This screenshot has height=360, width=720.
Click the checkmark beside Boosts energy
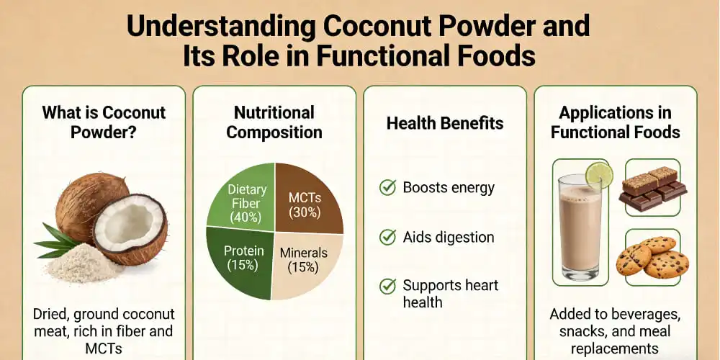point(387,188)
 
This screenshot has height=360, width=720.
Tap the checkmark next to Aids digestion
point(387,236)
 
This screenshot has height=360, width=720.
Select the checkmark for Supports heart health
point(387,285)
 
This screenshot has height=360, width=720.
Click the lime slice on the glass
point(599,176)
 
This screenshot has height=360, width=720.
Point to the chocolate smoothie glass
point(580,230)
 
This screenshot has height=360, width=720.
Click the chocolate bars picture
point(652,189)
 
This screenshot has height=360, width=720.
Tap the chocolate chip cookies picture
point(652,258)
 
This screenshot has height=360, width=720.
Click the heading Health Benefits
point(445,123)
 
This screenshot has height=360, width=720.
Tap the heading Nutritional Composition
point(274,122)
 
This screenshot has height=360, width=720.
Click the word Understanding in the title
point(220,27)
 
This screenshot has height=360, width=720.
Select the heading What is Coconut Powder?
point(104,122)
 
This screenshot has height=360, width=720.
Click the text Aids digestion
point(449,237)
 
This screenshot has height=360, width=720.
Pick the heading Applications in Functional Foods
point(616,122)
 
